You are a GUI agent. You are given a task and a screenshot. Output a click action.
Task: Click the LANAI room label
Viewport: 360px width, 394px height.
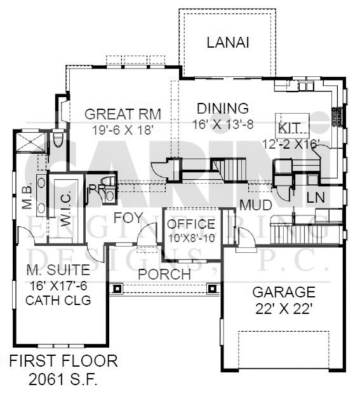(x=228, y=42)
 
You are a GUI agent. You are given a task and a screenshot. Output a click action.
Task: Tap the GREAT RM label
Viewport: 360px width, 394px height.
(x=123, y=114)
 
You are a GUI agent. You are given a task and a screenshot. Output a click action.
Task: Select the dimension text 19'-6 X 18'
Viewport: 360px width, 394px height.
(x=123, y=130)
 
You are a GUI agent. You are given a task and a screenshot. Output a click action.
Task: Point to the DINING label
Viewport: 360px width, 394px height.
(x=223, y=108)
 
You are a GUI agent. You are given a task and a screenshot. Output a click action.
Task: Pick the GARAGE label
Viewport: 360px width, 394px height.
(x=284, y=292)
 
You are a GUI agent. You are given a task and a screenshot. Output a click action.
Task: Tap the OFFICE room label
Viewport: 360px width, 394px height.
(x=191, y=224)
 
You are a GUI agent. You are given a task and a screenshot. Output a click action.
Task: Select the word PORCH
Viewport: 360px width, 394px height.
(x=164, y=274)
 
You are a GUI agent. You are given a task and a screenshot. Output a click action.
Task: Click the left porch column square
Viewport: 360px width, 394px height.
(x=117, y=289)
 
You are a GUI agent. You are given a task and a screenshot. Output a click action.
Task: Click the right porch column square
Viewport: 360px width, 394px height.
(x=213, y=289)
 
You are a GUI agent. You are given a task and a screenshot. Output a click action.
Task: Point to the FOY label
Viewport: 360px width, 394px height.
(x=128, y=217)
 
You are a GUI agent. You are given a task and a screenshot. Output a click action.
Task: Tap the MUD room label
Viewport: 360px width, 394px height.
(x=256, y=205)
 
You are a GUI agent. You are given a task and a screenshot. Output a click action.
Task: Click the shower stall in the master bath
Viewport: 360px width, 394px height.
(x=31, y=142)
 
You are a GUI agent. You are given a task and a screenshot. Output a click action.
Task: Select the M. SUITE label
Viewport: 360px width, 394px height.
(x=58, y=270)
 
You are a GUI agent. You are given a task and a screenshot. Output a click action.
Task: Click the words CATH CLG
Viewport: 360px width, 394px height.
(x=58, y=300)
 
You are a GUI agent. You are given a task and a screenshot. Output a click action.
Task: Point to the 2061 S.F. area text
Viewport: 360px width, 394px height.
(x=63, y=379)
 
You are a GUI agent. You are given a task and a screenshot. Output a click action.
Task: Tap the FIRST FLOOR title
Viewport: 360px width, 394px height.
(x=63, y=361)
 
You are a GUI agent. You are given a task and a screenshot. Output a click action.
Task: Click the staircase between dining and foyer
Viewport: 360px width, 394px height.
(x=229, y=170)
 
